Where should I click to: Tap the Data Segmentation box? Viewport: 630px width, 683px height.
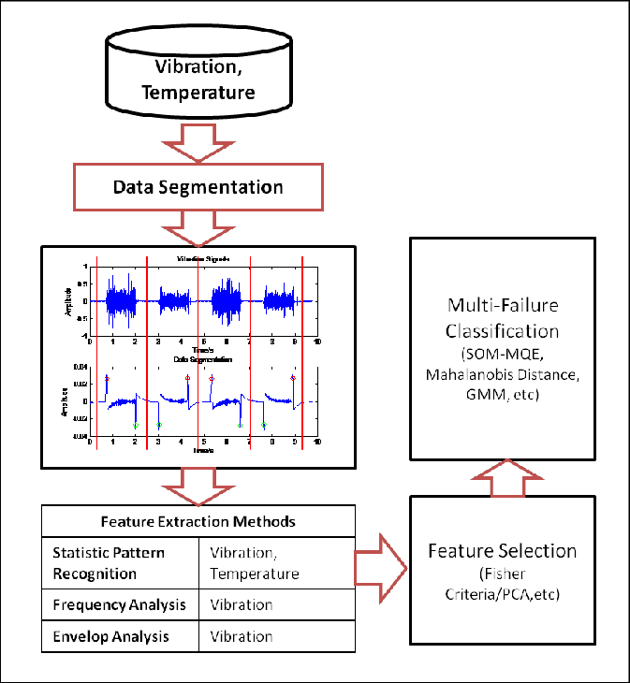click(x=198, y=186)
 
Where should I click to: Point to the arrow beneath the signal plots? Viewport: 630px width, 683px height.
click(x=198, y=486)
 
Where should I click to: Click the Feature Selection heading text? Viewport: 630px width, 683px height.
click(x=502, y=550)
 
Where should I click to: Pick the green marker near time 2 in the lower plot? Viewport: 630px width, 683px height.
click(x=136, y=426)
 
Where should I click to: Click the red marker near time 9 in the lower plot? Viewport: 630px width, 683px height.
click(x=293, y=377)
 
